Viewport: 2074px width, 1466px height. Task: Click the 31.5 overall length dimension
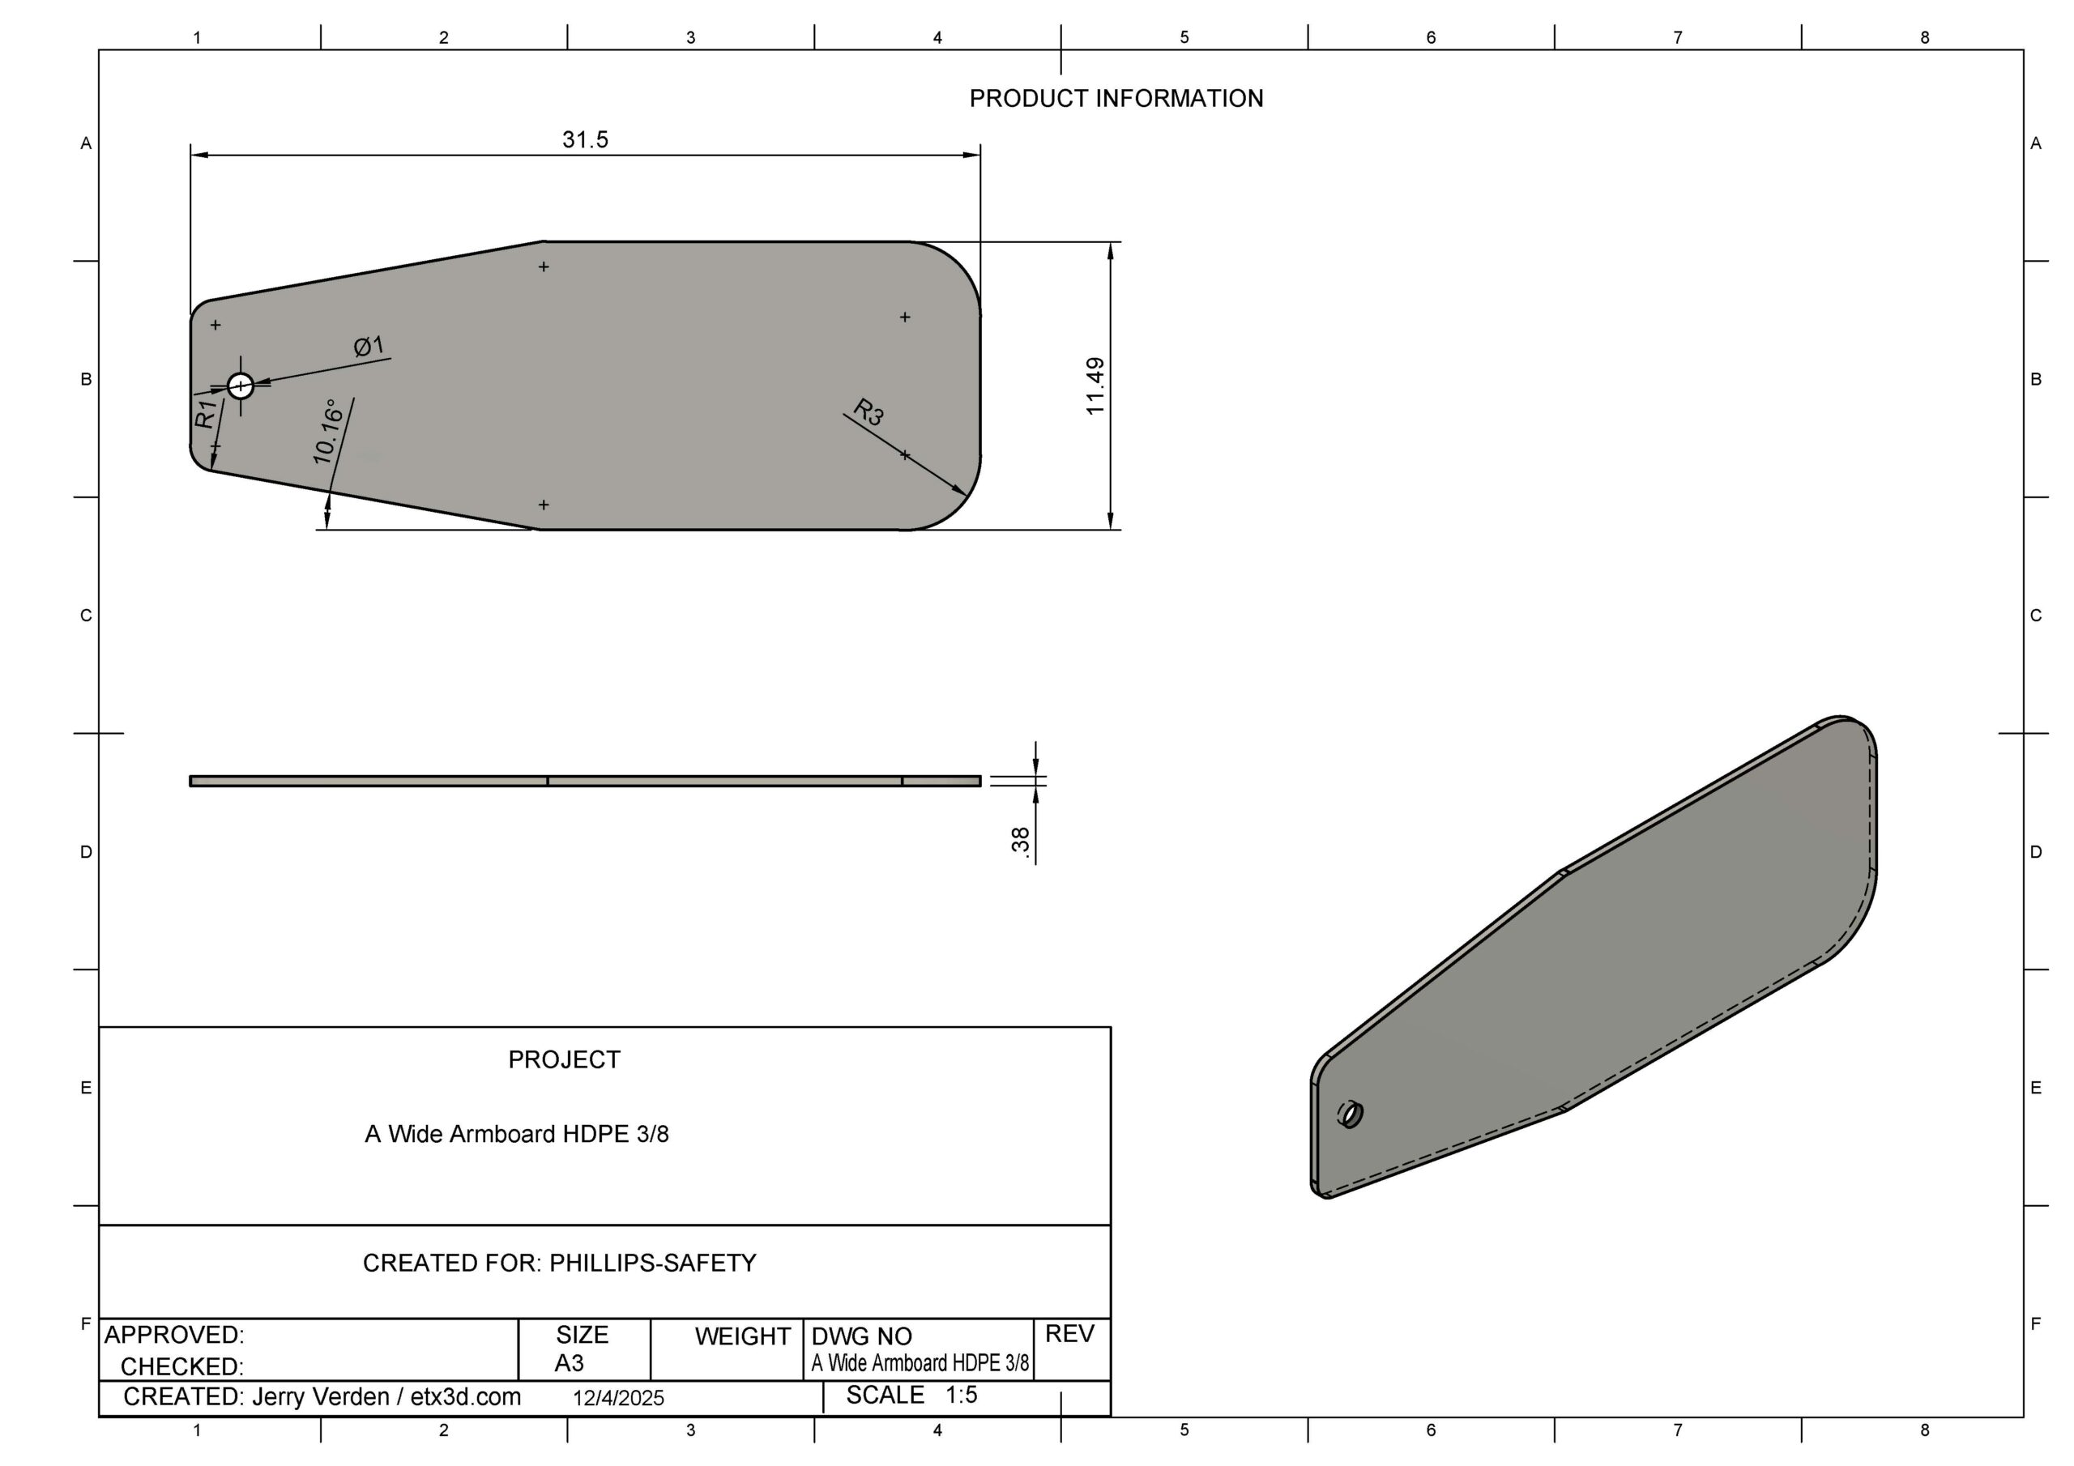(x=586, y=140)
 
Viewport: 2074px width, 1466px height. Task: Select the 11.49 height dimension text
(x=1095, y=386)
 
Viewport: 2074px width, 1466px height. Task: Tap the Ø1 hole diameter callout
(x=369, y=346)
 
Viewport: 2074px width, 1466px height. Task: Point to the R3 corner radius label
(x=868, y=412)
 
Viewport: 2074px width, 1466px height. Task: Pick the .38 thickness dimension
(x=1021, y=840)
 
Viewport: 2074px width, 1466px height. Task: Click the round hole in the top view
(x=241, y=386)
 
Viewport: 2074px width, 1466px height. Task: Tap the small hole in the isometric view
(x=1351, y=1114)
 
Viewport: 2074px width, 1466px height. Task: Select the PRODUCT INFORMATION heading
(x=1116, y=99)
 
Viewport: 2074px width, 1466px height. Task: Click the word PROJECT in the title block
(x=565, y=1059)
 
